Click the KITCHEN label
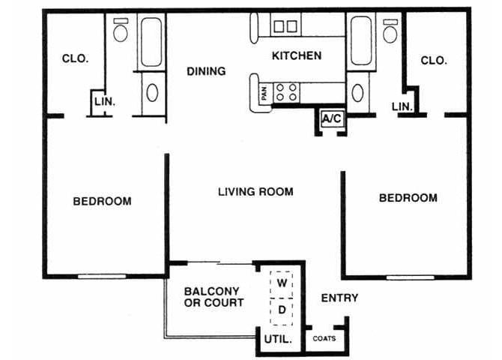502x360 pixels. tap(296, 55)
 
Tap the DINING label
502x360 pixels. tap(206, 72)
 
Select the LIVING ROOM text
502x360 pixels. tap(255, 192)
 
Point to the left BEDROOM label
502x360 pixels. tap(102, 201)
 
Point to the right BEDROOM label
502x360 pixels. tap(408, 198)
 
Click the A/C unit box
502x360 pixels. tap(331, 118)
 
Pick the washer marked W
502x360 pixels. tap(282, 283)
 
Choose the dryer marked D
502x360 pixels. tap(282, 308)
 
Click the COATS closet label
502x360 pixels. tap(324, 338)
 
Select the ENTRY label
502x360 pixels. tap(339, 298)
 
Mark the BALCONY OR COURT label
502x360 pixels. tap(214, 297)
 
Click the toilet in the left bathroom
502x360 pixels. tap(121, 30)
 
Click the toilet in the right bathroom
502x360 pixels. tap(390, 31)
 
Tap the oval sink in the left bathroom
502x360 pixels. tap(152, 93)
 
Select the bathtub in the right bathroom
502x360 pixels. tap(360, 41)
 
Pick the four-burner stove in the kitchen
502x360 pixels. tap(285, 92)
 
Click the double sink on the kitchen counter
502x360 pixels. tap(285, 27)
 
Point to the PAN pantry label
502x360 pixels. tap(264, 94)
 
